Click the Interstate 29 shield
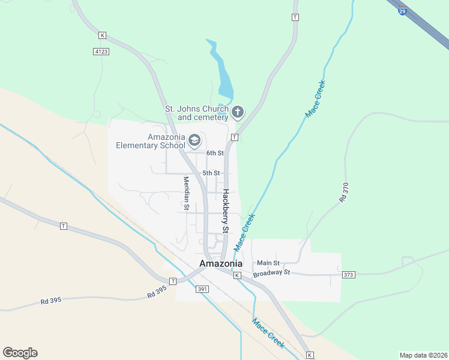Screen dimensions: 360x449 [402, 11]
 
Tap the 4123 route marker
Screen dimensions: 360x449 [101, 52]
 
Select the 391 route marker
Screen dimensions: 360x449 [202, 289]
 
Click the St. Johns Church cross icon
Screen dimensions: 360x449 [238, 112]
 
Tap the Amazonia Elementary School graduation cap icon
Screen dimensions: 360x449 [194, 140]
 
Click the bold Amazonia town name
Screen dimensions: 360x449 [221, 263]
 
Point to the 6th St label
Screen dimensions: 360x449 [214, 153]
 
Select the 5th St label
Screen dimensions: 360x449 [211, 173]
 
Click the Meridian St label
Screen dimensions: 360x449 [186, 193]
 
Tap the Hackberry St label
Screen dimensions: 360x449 [226, 211]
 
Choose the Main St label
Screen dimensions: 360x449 [268, 263]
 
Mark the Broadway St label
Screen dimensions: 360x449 [271, 274]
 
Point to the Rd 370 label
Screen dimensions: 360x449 [344, 191]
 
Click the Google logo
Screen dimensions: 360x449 [20, 353]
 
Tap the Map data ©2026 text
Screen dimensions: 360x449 [423, 355]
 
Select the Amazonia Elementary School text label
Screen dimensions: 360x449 [151, 140]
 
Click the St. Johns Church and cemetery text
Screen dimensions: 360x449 [197, 113]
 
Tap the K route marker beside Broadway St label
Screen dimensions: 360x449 [237, 275]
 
